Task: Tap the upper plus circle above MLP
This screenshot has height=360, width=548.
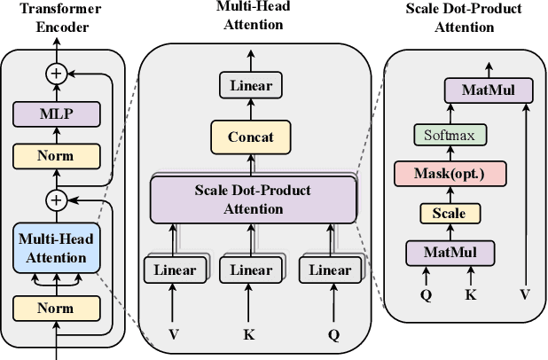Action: click(56, 74)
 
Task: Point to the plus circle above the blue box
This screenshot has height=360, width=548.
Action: click(56, 200)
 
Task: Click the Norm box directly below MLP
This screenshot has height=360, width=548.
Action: click(56, 157)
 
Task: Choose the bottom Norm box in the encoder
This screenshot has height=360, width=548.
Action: click(56, 308)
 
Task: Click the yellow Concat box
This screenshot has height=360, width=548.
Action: click(251, 137)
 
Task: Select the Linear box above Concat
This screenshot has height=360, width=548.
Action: click(251, 86)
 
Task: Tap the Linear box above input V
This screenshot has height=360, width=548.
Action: click(174, 270)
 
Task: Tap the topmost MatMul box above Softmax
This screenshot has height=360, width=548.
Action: click(488, 90)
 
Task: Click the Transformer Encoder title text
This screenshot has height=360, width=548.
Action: click(56, 19)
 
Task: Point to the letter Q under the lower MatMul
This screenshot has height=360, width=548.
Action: click(426, 294)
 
